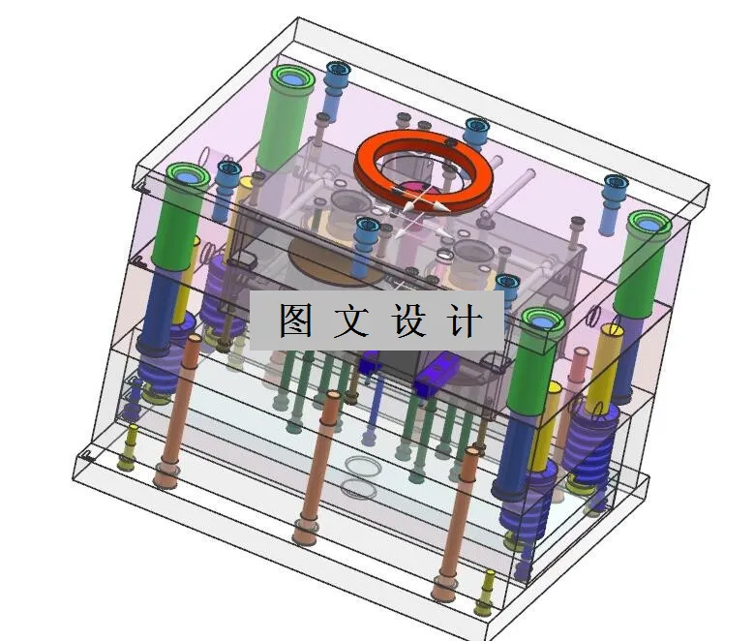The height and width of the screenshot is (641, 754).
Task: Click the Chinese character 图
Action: coord(296,320)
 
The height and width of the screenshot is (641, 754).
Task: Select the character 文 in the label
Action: coord(350,320)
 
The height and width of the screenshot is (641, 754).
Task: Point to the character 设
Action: coord(409,320)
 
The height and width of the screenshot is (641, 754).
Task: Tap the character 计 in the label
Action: coord(465,320)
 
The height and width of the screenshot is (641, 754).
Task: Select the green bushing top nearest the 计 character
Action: coord(541,319)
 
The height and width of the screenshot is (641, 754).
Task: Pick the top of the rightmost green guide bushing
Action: coord(648,222)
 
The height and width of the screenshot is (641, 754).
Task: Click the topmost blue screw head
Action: coord(337,70)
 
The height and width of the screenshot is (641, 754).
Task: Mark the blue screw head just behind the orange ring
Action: coord(475,127)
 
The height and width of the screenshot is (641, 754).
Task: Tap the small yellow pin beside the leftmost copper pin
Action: coord(128,450)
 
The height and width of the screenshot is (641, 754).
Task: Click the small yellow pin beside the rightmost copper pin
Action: coord(486,591)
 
